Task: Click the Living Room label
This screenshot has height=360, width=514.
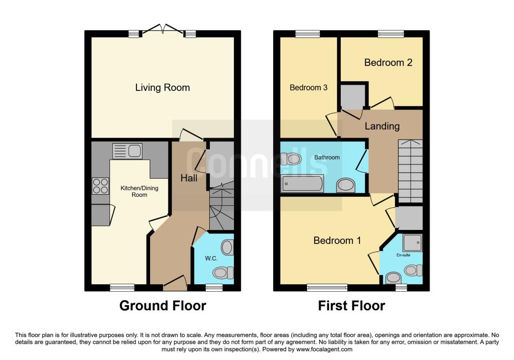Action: tap(162, 87)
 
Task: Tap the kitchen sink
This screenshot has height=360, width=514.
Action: tap(128, 151)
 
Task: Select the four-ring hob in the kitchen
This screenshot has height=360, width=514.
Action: tap(100, 186)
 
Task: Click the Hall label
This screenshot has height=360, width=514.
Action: tap(189, 178)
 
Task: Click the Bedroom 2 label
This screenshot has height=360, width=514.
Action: tap(388, 62)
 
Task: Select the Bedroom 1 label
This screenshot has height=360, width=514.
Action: tap(337, 241)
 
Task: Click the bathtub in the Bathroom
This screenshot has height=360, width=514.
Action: tap(302, 184)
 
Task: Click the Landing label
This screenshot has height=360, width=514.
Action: tap(382, 126)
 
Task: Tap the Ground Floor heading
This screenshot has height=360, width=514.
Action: tap(163, 305)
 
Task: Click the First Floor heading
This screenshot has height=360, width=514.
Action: tap(351, 305)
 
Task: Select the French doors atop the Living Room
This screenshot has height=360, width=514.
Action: tap(162, 30)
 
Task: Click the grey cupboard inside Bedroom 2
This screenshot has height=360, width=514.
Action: tap(353, 96)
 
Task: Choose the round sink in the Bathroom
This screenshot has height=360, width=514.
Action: tap(345, 186)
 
